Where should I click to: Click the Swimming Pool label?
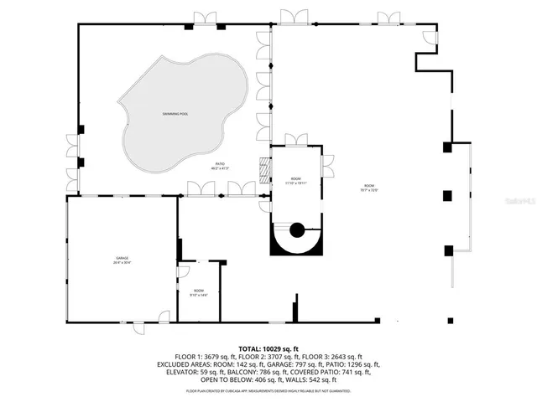click(178, 113)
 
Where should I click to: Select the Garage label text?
click(122, 260)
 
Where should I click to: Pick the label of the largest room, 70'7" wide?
click(370, 188)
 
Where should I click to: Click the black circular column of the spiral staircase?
click(296, 230)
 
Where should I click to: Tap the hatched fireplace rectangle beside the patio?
click(266, 169)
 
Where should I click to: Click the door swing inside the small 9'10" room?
click(185, 271)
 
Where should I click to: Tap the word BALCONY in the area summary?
click(237, 373)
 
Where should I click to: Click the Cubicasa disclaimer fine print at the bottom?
click(268, 391)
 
